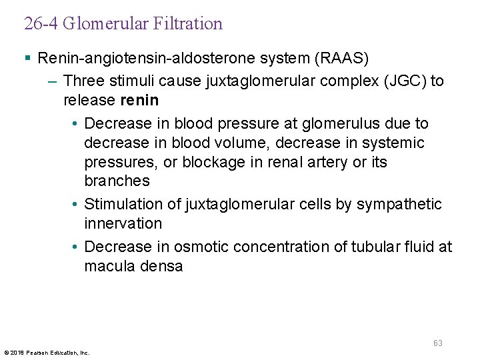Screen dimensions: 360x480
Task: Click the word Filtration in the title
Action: (187, 24)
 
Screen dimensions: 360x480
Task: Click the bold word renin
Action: (139, 100)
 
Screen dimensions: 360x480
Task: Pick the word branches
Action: (117, 181)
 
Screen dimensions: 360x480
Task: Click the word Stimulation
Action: (123, 204)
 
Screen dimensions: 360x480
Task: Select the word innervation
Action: (123, 223)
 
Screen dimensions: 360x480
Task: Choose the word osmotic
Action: (199, 247)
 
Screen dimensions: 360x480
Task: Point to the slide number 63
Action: (437, 343)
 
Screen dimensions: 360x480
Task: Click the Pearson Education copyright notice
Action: (47, 352)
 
